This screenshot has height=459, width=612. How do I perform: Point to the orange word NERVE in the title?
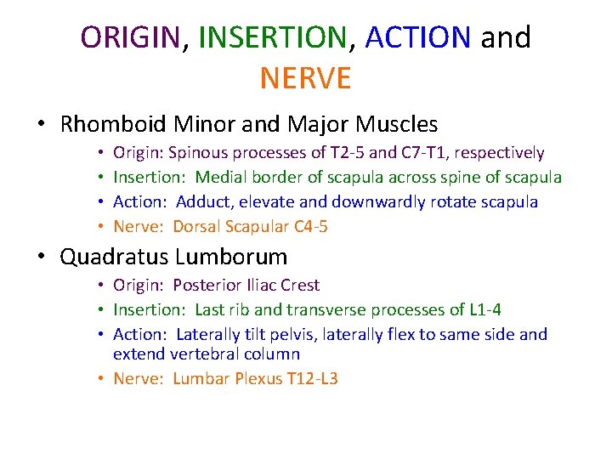click(305, 78)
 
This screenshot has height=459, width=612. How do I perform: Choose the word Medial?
click(221, 178)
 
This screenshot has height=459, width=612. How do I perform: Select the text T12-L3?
click(309, 378)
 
